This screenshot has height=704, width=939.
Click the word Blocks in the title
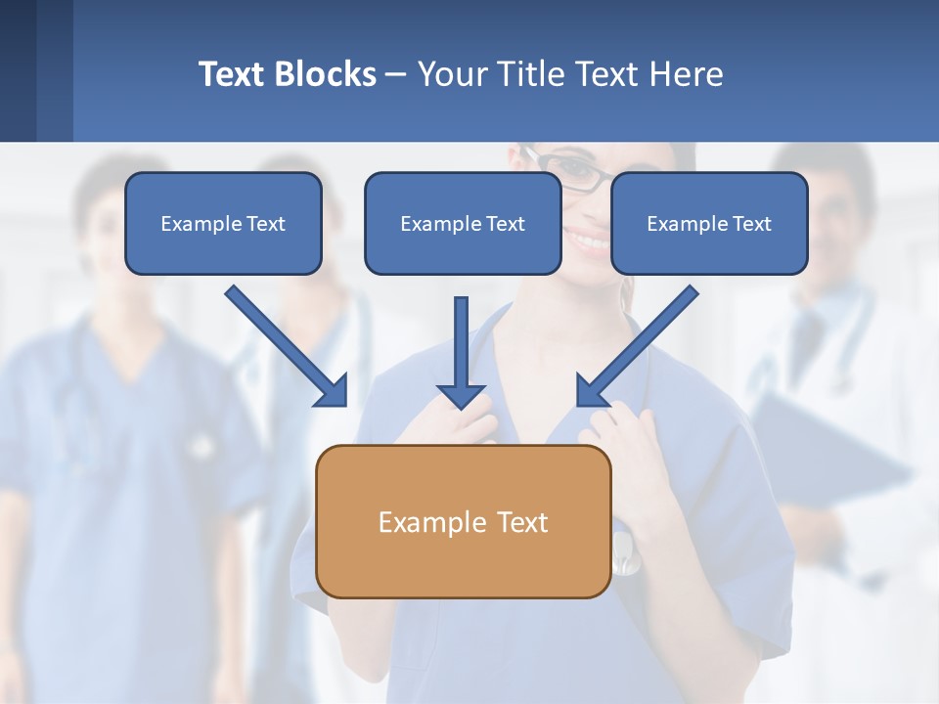325,74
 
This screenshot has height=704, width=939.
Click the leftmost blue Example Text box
223,223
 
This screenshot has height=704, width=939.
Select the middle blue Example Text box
463,223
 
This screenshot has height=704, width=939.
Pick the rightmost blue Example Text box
709,223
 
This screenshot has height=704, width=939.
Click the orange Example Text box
463,521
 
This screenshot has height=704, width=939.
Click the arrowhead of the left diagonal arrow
335,394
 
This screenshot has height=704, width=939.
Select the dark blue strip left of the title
35,70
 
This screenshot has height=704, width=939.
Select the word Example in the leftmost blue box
192,223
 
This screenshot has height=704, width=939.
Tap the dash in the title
396,74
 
